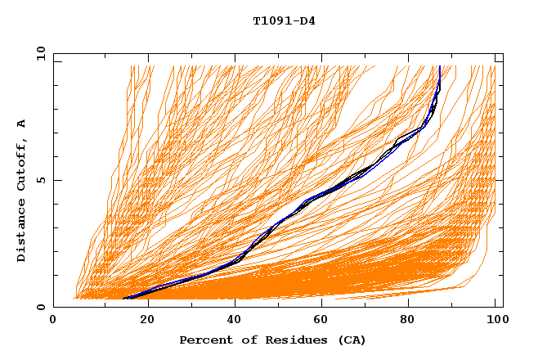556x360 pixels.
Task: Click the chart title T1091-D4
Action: [x=284, y=20]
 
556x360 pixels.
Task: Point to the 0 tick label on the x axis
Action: [x=53, y=321]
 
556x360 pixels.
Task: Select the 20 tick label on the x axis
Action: [x=148, y=321]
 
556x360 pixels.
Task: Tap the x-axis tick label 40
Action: [x=236, y=321]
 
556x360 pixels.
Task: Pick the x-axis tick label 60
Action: [x=325, y=321]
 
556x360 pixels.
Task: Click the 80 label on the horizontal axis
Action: [x=413, y=321]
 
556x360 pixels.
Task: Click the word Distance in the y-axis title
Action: [x=21, y=231]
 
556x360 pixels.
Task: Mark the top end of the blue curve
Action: [x=440, y=66]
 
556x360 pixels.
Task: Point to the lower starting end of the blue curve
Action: [x=124, y=299]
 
